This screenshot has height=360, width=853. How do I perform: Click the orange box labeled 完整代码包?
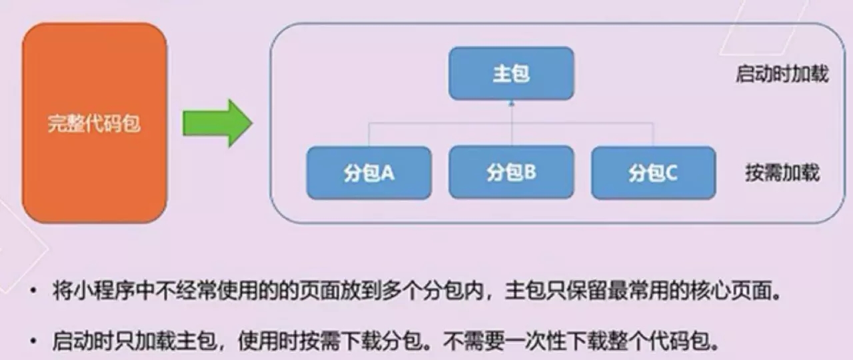coord(95,123)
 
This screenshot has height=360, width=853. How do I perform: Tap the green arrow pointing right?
coord(217,123)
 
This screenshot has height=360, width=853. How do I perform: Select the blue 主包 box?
coord(511,73)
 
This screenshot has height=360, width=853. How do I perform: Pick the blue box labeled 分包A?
coord(369,173)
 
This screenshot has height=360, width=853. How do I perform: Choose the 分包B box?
coord(511,172)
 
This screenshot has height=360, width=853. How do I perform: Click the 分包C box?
coord(654,173)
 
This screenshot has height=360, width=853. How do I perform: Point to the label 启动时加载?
coord(782,74)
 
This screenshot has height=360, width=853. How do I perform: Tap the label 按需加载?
coord(782,173)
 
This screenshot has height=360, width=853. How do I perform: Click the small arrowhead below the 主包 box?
coord(511,103)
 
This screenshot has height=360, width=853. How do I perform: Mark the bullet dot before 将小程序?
coord(34,291)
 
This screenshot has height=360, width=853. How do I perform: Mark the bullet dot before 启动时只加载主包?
coord(34,341)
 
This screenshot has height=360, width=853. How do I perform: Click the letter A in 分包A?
coord(387,173)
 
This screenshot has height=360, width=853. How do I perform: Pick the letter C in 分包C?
coord(670,173)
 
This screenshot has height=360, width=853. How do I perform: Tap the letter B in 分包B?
coord(530,173)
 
